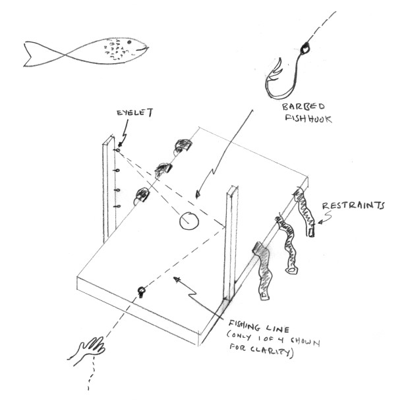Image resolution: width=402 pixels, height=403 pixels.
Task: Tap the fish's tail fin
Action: pos(33,53)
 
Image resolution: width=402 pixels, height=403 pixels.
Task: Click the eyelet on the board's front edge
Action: pos(140,290)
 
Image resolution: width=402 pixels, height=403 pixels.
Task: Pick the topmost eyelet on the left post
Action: pos(116,151)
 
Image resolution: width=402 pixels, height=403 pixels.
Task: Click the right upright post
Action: pos(230,244)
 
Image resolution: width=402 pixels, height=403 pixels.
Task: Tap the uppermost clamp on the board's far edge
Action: pos(183,146)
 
